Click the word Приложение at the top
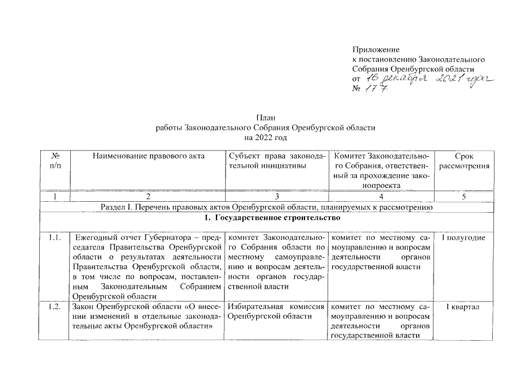[x=375, y=50]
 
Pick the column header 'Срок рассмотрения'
[x=463, y=161]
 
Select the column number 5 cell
[x=463, y=197]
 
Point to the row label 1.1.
[x=55, y=238]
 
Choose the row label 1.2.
[x=55, y=306]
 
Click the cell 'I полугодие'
[x=463, y=238]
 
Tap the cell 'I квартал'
[x=463, y=306]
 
